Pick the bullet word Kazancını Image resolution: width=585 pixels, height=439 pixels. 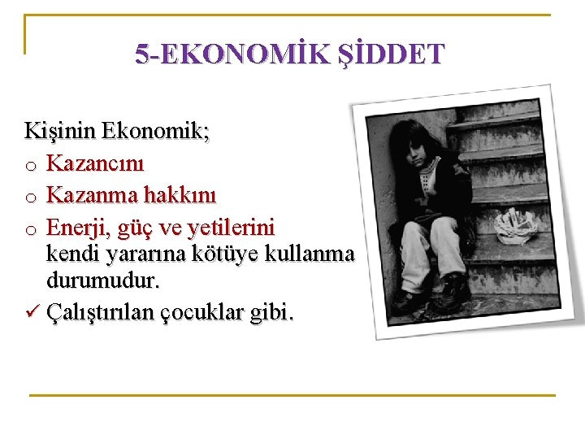click(x=95, y=163)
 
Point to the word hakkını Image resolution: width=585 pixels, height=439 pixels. click(x=181, y=194)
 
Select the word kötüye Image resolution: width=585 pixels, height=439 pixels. click(x=230, y=254)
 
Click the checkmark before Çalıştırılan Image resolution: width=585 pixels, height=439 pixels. click(x=32, y=312)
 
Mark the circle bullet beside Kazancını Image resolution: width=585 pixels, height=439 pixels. click(x=30, y=166)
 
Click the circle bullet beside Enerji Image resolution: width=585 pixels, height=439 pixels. click(x=30, y=228)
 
